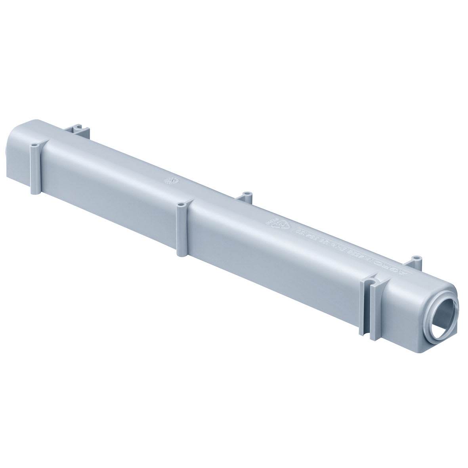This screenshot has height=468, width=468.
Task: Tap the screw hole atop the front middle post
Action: click(181, 206)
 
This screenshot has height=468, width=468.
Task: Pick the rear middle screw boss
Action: click(248, 194)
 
